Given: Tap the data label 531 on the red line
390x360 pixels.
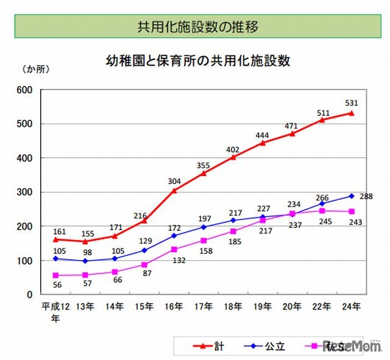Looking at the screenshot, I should pos(351,101).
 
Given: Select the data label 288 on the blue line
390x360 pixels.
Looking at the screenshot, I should pos(366,196).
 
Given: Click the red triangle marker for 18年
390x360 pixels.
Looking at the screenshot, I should pos(233,157).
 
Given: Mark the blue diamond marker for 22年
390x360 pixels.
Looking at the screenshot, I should pos(322,203).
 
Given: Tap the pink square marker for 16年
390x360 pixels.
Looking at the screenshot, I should pos(174,249).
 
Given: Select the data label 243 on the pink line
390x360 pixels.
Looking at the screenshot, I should pos(355,223).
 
